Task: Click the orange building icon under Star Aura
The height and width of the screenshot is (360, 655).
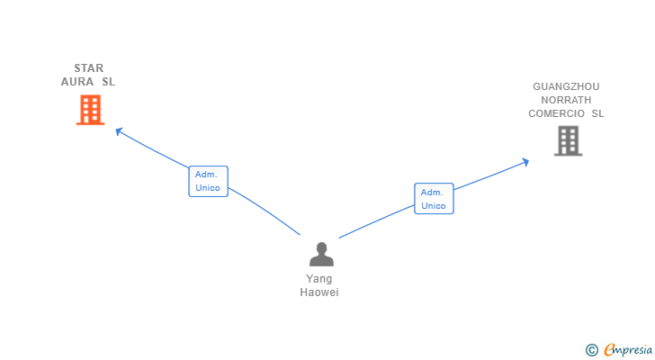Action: [x=90, y=110]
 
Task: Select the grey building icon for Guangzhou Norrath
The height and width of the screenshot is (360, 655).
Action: [x=567, y=140]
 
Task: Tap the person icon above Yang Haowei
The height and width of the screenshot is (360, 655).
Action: [x=321, y=255]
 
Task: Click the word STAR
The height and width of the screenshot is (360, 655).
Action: [x=89, y=68]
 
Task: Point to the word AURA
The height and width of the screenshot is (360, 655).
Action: [x=77, y=82]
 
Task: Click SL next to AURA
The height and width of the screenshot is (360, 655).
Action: [x=109, y=82]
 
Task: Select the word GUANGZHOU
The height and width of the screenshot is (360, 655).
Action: [x=566, y=87]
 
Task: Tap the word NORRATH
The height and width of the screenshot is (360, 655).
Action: [x=566, y=101]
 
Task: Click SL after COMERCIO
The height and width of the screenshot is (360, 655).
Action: [x=597, y=114]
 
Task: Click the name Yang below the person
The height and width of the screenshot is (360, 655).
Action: [x=319, y=279]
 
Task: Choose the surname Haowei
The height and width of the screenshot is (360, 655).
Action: [x=319, y=292]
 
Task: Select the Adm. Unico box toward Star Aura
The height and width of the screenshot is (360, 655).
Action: [x=208, y=181]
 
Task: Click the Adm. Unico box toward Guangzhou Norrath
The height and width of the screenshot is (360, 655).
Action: [x=434, y=198]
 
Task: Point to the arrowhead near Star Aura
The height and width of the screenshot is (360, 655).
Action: [x=118, y=130]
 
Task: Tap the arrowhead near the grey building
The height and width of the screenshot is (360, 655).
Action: [x=525, y=161]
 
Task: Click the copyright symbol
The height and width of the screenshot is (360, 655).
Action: [x=591, y=349]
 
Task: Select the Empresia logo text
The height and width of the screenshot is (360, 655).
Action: [x=628, y=349]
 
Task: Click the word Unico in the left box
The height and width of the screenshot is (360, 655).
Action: [x=208, y=188]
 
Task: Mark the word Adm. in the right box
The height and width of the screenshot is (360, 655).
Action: [x=432, y=192]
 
